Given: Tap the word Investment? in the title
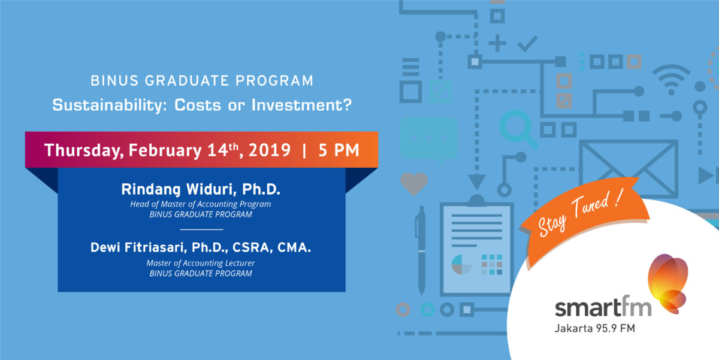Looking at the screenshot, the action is point(302,105).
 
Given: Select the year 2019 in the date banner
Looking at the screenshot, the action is point(270,150).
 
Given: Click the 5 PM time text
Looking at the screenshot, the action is point(339,150).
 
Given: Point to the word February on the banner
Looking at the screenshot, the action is point(165,150).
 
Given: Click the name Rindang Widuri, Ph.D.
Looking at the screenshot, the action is point(201,189).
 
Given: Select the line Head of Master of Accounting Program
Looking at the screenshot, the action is point(201,204).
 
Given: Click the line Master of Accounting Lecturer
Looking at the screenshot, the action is point(201,263).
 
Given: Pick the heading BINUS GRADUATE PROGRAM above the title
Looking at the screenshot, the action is point(202,80).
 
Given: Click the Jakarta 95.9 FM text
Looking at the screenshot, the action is point(595,329).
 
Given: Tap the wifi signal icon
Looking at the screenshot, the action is point(671,79).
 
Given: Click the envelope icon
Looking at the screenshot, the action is point(629,169).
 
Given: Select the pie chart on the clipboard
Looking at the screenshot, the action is point(461,264).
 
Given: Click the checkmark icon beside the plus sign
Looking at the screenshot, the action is point(527,44).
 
